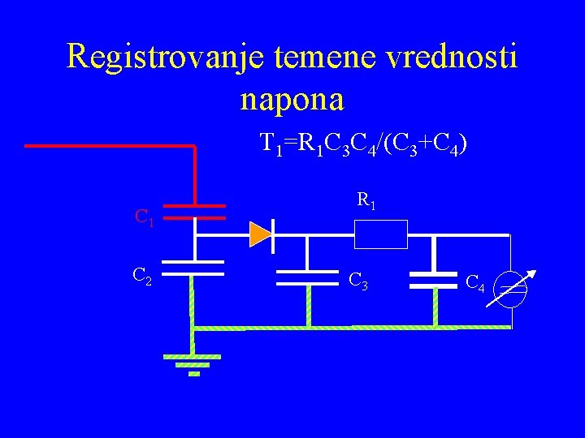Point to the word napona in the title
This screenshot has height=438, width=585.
(x=292, y=99)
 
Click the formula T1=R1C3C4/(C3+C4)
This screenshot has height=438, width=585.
(x=363, y=145)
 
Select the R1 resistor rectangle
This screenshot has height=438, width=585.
(x=380, y=235)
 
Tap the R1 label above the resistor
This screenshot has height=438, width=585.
(x=366, y=200)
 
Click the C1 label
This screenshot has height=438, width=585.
(x=145, y=217)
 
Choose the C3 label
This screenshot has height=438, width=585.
(x=358, y=281)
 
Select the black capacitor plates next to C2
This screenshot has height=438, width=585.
(x=193, y=268)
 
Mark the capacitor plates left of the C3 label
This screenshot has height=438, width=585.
(x=307, y=279)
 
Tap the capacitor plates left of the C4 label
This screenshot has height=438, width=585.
(x=433, y=281)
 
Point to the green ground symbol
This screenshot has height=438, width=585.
(x=193, y=363)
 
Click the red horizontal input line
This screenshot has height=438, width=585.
(x=110, y=146)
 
